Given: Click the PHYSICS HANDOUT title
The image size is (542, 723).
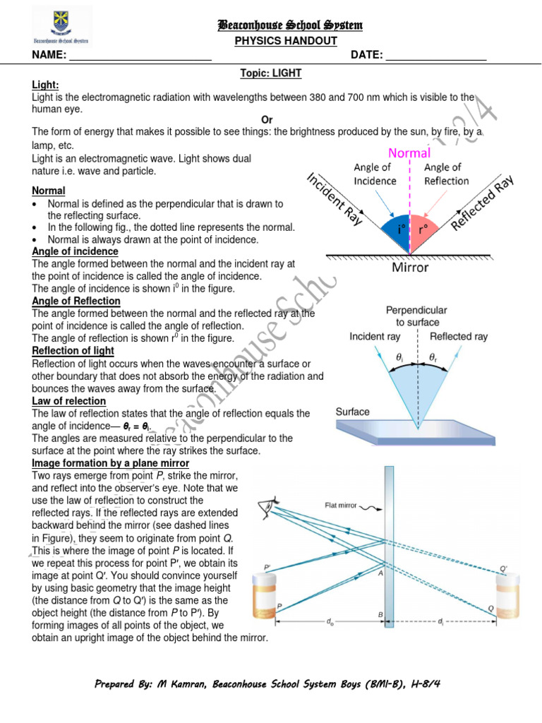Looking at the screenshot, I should coord(286,41).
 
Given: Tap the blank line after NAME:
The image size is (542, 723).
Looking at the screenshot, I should coord(140,56).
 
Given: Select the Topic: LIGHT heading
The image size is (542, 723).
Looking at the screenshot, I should coord(272,73).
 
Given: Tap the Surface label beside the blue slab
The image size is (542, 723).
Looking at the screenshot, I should coord(352,412).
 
